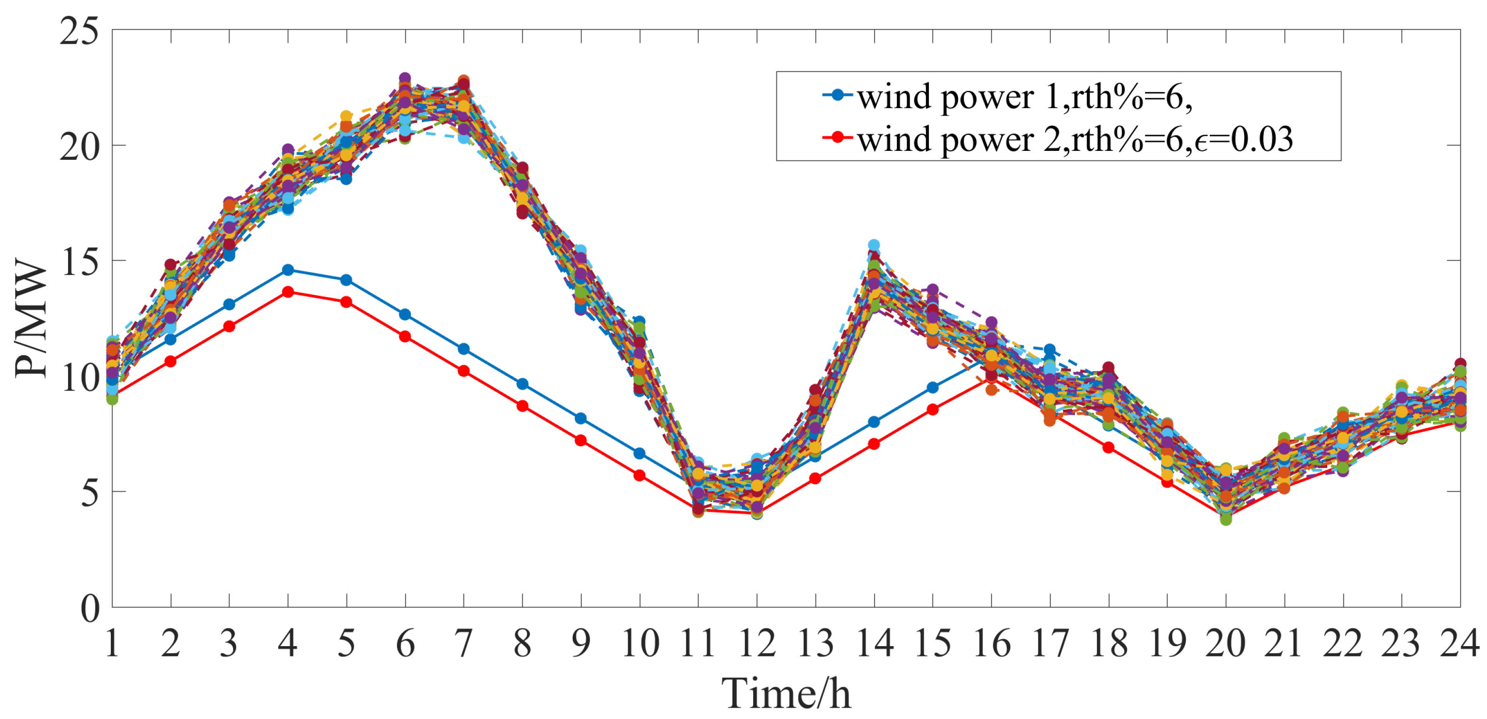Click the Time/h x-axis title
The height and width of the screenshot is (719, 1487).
pyautogui.click(x=786, y=693)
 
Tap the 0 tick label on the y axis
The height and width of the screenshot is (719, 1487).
pyautogui.click(x=89, y=609)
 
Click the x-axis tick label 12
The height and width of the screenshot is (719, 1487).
pyautogui.click(x=757, y=643)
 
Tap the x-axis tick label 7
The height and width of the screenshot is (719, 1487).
pyautogui.click(x=464, y=643)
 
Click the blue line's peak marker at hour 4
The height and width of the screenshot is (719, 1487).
pyautogui.click(x=288, y=270)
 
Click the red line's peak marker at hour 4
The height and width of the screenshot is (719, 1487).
pyautogui.click(x=288, y=292)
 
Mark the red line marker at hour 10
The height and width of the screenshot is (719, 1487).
pyautogui.click(x=639, y=475)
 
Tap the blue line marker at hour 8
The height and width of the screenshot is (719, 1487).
pyautogui.click(x=522, y=384)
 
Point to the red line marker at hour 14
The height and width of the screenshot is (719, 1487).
pyautogui.click(x=874, y=444)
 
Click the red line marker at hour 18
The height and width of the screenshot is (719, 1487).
pyautogui.click(x=1108, y=447)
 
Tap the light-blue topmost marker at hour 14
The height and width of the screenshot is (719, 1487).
pyautogui.click(x=874, y=245)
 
